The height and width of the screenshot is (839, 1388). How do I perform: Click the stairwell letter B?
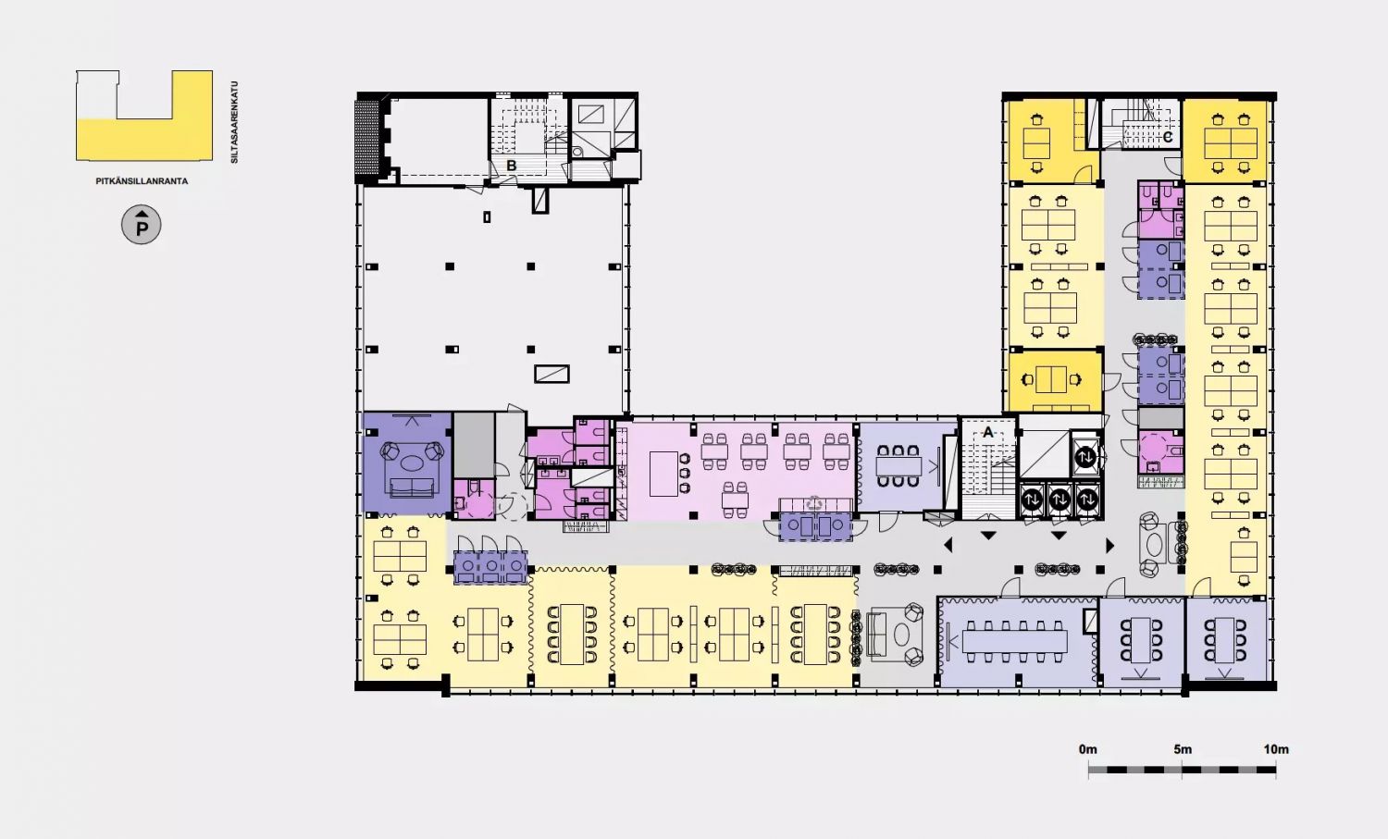coord(511,166)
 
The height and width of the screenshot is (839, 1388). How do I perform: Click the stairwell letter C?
coord(1168,137)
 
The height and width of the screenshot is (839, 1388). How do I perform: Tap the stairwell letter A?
coord(988,432)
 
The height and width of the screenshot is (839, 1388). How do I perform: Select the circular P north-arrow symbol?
coord(142,224)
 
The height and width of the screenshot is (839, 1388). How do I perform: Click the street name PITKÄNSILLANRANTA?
coord(142,181)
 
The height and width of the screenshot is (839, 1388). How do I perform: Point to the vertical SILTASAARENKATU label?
coord(234,122)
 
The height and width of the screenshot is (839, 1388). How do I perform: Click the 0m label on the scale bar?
coord(1087,749)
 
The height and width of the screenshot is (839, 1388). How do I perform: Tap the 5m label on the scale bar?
coord(1183,749)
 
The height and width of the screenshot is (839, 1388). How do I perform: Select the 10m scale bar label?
coord(1276,749)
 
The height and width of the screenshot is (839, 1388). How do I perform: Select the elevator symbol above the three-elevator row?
coord(1085,457)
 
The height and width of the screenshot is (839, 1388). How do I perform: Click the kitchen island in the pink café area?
coord(663,474)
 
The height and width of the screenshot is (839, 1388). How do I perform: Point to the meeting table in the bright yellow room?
coord(1051,379)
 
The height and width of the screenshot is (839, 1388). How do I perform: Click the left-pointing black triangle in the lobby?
coord(948,545)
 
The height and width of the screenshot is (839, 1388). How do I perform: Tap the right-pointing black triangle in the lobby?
coord(1109,545)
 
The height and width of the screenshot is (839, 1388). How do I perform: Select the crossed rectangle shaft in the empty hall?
coord(551,374)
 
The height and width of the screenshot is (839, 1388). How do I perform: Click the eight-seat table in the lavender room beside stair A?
coord(898,465)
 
